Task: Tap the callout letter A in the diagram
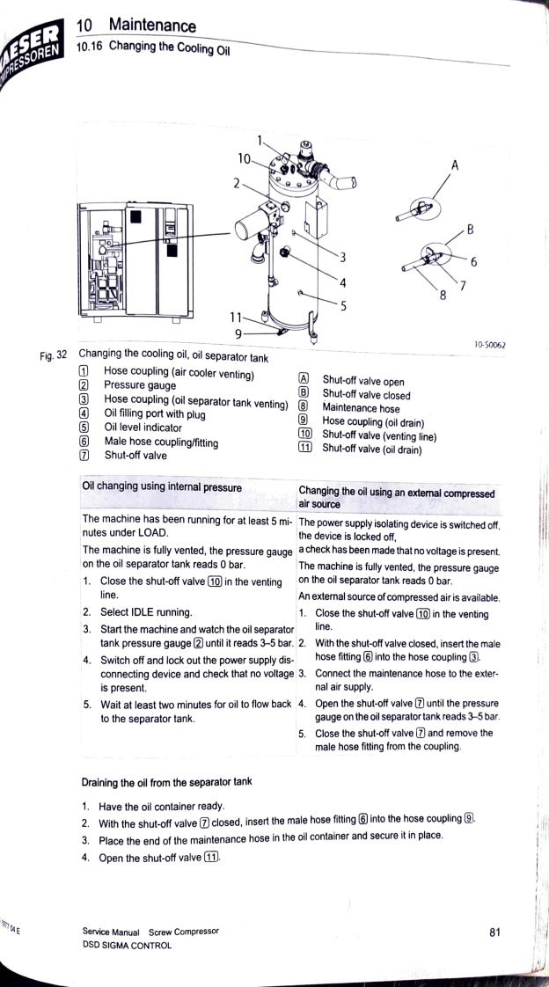pyautogui.click(x=455, y=164)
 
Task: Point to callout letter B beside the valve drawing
pyautogui.click(x=471, y=231)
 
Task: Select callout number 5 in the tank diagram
pyautogui.click(x=344, y=306)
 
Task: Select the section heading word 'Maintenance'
pyautogui.click(x=152, y=26)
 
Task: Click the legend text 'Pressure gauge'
pyautogui.click(x=140, y=384)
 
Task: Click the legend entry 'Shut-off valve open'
pyautogui.click(x=363, y=382)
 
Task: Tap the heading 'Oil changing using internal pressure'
pyautogui.click(x=162, y=486)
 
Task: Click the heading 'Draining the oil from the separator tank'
pyautogui.click(x=166, y=781)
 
